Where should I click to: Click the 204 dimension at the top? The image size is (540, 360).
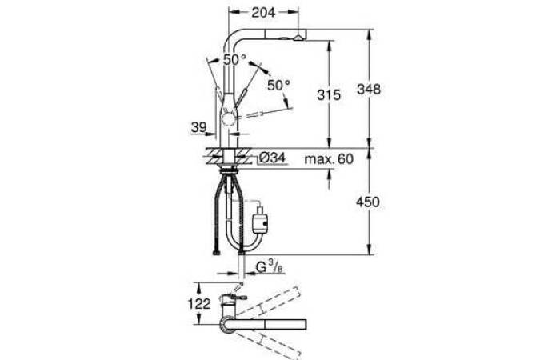coord(263,13)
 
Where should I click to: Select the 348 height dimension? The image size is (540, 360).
coord(369,90)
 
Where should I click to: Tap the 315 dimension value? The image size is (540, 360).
coord(329,94)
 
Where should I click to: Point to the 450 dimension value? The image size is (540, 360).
coord(368,202)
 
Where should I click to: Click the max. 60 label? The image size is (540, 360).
coord(330,159)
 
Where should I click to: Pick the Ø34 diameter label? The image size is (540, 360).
coord(272,158)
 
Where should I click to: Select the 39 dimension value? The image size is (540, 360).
coord(198,127)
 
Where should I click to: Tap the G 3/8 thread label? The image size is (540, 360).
coord(270,267)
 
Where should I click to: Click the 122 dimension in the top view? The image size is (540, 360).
coord(199,304)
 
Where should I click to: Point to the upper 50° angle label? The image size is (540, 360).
coord(235,59)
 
